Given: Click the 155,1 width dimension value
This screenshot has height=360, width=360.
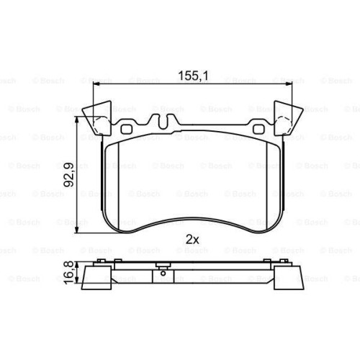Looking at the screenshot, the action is (193, 76).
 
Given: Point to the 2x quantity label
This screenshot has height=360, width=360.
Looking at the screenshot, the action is (192, 240).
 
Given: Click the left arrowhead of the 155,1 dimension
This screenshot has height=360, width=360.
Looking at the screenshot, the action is (96, 84).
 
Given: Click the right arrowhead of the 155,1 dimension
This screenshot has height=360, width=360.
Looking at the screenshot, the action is (289, 84).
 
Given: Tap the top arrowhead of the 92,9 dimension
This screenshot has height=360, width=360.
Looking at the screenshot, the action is (76, 120).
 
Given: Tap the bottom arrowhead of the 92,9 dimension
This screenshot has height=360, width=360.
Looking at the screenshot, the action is (76, 230).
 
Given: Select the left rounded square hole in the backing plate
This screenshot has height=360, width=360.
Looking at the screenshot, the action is (126, 130).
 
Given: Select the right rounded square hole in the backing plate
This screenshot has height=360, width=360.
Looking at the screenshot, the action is (258, 130).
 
